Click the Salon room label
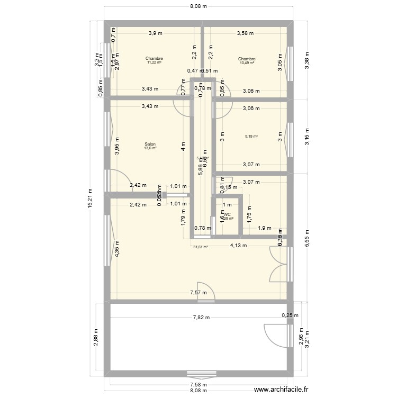150,144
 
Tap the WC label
227,214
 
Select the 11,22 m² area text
154,63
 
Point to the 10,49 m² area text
247,63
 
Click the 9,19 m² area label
251,137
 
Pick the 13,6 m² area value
150,148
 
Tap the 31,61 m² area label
201,247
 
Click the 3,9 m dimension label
155,33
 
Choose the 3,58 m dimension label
245,33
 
